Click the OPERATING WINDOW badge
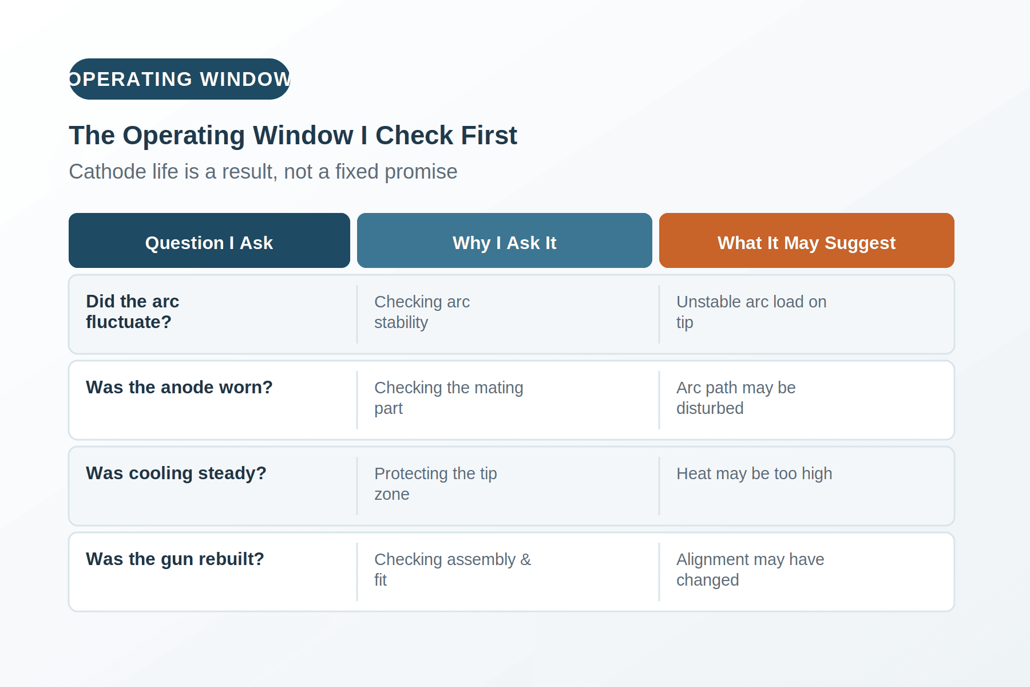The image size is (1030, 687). (180, 79)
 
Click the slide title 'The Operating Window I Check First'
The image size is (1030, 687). (293, 136)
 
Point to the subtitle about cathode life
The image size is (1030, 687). (263, 172)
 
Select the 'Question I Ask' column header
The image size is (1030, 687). (209, 240)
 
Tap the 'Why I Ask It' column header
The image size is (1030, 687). (505, 240)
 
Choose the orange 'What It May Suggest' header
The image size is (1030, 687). (807, 240)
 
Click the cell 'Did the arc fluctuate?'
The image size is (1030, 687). (133, 312)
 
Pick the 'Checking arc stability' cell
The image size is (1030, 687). (422, 312)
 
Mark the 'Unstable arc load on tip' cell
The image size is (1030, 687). (751, 312)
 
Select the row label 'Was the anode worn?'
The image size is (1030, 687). (179, 388)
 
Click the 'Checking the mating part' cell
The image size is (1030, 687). (449, 398)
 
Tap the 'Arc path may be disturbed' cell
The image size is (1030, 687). (736, 398)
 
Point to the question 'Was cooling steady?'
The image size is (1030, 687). (176, 473)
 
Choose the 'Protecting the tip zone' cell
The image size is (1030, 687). (435, 484)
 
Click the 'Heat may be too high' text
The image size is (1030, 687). (754, 474)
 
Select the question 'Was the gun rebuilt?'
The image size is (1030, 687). (175, 559)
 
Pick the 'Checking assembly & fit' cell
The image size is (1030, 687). (453, 570)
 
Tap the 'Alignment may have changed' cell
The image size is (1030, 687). (750, 570)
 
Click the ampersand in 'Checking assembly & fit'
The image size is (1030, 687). (526, 559)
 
